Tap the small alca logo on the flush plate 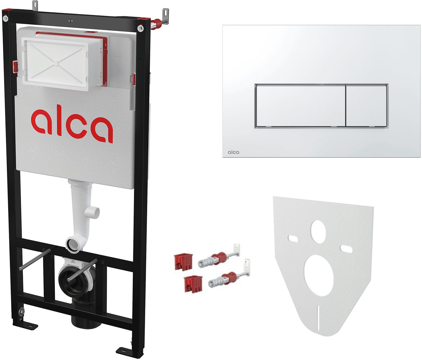tap(233, 152)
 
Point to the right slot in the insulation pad tap(346, 248)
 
